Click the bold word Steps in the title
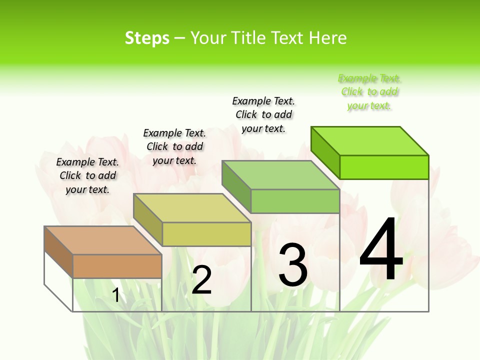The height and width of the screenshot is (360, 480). tap(147, 38)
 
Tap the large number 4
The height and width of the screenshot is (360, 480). tap(381, 249)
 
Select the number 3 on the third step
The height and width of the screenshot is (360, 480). tap(293, 265)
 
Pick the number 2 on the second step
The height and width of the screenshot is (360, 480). tap(201, 280)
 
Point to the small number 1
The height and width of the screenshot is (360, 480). tap(116, 295)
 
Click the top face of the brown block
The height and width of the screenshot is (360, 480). tap(102, 240)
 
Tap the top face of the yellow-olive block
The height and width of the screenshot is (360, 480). tap(192, 207)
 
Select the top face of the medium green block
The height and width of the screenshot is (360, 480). tap(280, 175)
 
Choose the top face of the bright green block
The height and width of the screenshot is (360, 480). tap(370, 141)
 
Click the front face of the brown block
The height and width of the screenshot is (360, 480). tap(117, 266)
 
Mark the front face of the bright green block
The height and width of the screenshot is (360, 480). tap(384, 167)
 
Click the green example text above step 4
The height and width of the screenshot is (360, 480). tap(369, 92)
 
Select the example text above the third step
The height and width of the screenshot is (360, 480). tap(263, 114)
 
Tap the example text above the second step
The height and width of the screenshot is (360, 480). tap(174, 146)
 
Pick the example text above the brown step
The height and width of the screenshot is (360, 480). tap(87, 175)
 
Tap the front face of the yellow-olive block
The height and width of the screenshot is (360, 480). tap(206, 234)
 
